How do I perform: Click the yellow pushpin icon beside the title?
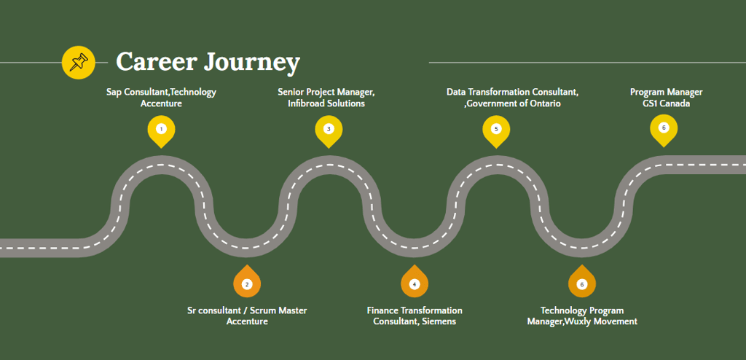pyautogui.click(x=79, y=62)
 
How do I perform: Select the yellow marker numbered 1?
pyautogui.click(x=161, y=129)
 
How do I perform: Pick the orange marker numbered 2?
pyautogui.click(x=247, y=283)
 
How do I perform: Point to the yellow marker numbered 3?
pyautogui.click(x=329, y=129)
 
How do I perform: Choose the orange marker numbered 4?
pyautogui.click(x=414, y=283)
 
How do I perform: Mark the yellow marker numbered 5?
pyautogui.click(x=496, y=129)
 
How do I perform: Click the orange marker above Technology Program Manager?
pyautogui.click(x=581, y=283)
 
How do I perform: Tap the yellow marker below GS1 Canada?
pyautogui.click(x=663, y=128)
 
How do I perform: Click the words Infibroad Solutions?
pyautogui.click(x=326, y=103)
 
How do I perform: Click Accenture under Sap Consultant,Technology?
pyautogui.click(x=161, y=103)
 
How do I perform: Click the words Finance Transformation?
pyautogui.click(x=414, y=310)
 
